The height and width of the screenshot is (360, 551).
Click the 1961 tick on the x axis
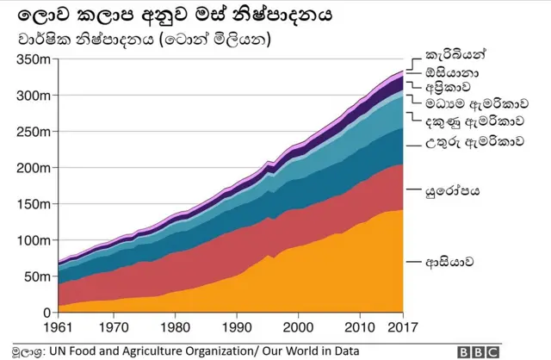coord(59,327)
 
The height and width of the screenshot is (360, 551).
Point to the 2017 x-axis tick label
coord(402,327)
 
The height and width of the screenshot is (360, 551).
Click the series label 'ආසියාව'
coord(450,261)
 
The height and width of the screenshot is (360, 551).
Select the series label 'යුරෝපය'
coord(452,190)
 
